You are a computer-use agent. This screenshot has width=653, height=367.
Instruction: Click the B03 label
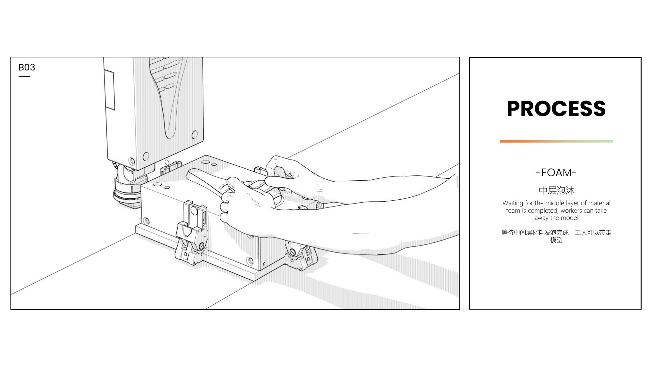27,67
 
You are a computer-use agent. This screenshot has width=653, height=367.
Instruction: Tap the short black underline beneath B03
24,76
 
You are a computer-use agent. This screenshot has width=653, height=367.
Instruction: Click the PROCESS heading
556,109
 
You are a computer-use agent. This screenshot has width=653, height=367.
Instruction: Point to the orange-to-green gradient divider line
556,141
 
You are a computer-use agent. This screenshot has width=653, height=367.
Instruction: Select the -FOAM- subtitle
556,173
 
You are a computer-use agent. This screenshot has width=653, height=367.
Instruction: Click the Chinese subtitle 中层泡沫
556,190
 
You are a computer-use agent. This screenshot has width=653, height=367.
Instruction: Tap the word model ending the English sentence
570,218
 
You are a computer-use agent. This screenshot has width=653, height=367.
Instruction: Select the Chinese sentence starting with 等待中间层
556,236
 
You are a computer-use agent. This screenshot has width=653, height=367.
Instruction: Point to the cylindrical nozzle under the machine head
127,189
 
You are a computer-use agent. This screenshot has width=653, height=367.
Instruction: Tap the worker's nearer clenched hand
245,202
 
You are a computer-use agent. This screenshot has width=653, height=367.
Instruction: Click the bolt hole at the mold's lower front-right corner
250,261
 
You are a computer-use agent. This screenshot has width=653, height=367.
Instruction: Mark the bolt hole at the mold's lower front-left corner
147,221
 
